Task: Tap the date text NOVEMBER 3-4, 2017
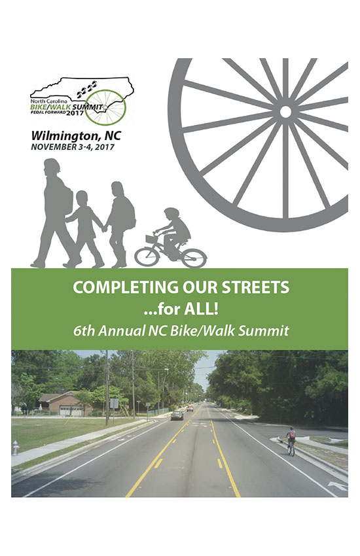point(73,147)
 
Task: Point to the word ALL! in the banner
point(201,309)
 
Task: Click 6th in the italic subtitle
point(84,331)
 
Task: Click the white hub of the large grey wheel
point(285,112)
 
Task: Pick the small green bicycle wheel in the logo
point(105,107)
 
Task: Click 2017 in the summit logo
point(75,113)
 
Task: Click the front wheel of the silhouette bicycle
point(147,256)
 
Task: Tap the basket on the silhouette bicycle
point(151,239)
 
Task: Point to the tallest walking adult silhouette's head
point(52,167)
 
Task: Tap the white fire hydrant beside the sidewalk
point(16,448)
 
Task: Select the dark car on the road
point(177,415)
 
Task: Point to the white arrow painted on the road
point(338,485)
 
